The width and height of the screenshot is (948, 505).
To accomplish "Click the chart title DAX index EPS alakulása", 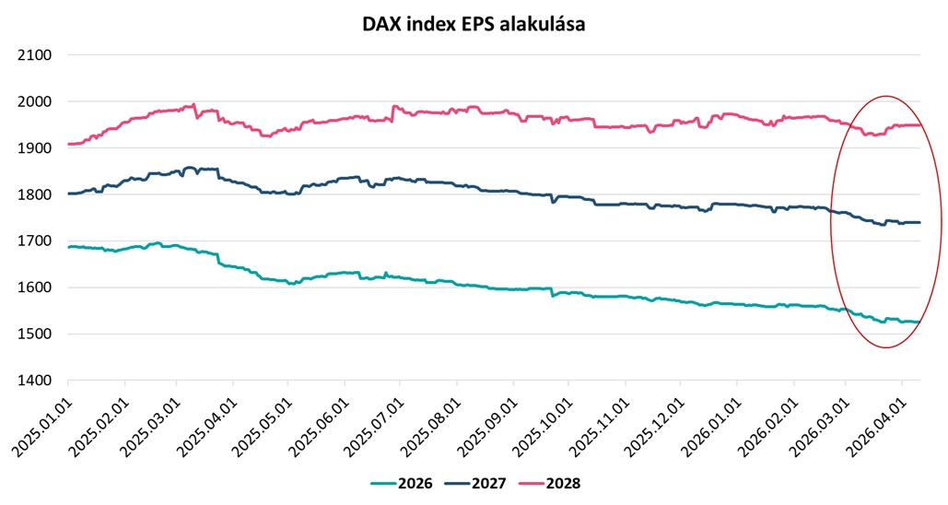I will point(474,25).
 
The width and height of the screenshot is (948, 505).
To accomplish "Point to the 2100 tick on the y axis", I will point(34,55).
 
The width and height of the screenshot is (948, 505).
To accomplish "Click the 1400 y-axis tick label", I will point(34,381).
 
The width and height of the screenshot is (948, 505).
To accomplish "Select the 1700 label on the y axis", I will point(34,241).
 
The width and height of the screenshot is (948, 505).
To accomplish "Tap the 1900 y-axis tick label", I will point(34,148).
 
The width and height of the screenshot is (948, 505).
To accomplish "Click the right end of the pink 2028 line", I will point(919,124).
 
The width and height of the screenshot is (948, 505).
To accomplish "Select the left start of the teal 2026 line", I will point(69,247).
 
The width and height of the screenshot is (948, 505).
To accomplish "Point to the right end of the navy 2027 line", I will point(919,222).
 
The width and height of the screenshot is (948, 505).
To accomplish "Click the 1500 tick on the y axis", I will point(34,335).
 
